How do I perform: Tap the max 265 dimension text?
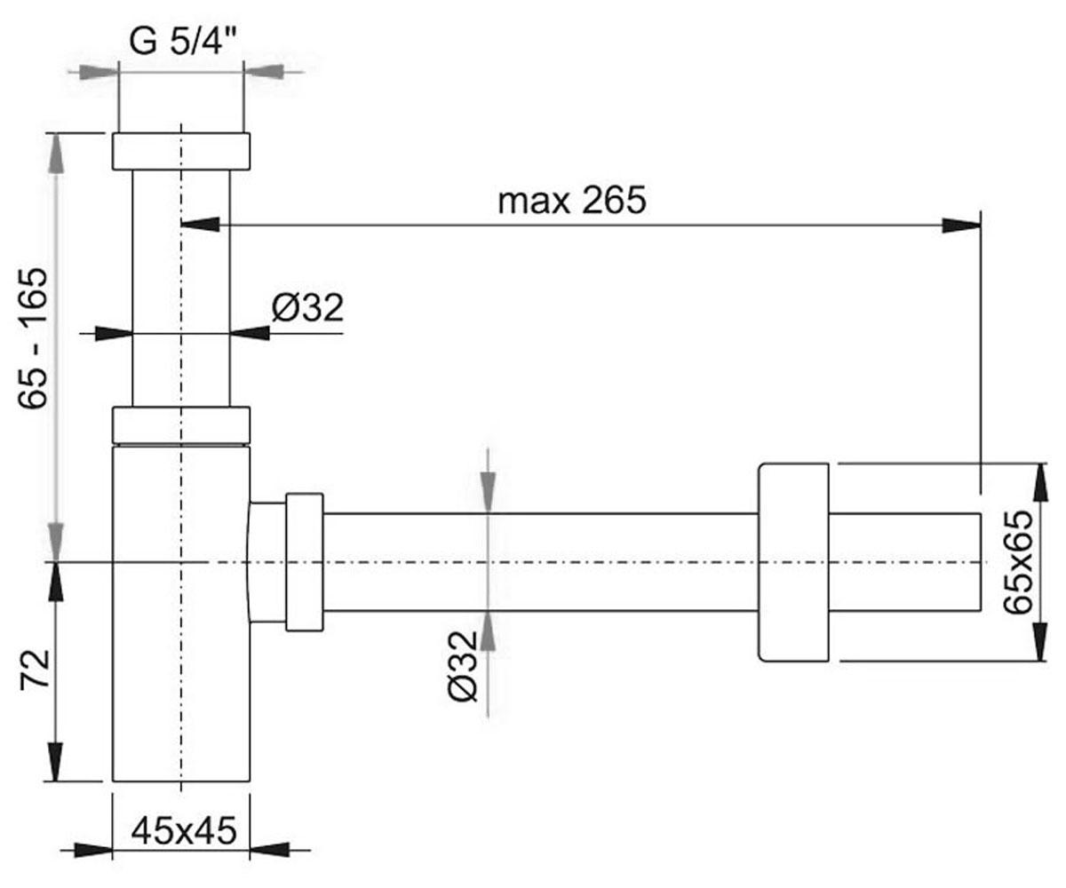(572, 201)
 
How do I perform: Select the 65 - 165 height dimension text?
(33, 338)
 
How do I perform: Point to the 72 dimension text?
(35, 670)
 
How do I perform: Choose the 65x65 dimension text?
(1017, 562)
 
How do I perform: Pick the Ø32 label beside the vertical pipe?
(307, 308)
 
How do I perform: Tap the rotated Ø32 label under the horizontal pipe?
(463, 667)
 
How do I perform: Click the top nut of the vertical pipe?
(181, 151)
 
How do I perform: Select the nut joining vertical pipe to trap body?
(181, 424)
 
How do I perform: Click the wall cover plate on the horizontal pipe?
(793, 562)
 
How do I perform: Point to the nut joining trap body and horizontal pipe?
(305, 562)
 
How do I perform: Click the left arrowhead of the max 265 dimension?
(201, 225)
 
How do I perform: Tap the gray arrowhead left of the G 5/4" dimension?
(99, 71)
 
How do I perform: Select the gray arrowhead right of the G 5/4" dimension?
(263, 71)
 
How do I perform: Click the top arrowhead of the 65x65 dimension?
(1040, 483)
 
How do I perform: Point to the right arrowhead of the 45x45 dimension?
(270, 850)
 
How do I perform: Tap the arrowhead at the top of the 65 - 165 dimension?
(56, 153)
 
